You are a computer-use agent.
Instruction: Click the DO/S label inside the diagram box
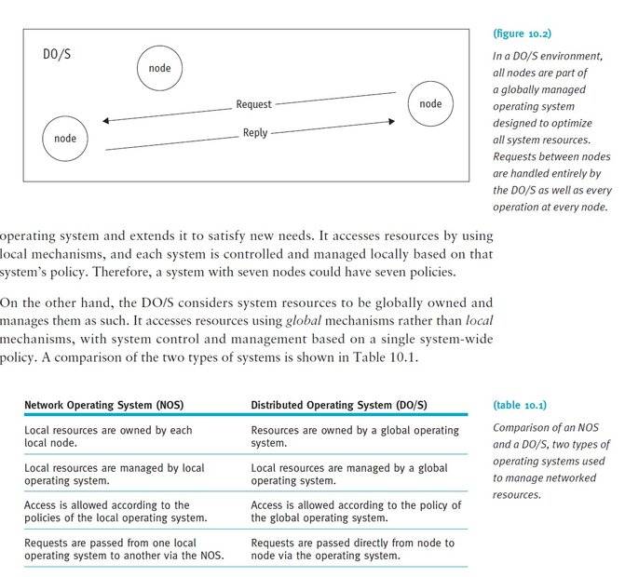coord(57,55)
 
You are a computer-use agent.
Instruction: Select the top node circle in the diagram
coord(159,68)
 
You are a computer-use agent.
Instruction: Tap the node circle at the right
coord(430,103)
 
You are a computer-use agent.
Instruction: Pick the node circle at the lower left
coord(65,139)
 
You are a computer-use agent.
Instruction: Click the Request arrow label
coord(253,105)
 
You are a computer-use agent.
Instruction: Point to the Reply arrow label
coord(255,133)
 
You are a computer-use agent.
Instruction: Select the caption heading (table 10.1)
coord(519,406)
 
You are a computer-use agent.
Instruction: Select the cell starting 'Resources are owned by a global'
coord(355,436)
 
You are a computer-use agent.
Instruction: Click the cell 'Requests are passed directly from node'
coord(353,548)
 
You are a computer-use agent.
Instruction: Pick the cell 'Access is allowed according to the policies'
coord(115,511)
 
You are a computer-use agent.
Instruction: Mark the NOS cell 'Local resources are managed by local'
coord(114,474)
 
